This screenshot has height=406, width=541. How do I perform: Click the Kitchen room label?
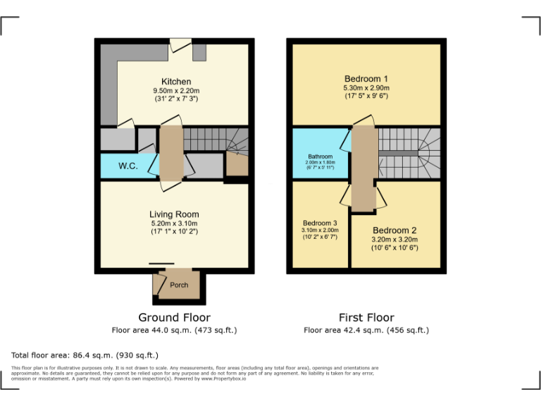(x=176, y=82)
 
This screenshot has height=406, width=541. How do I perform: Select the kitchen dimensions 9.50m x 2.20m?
(x=176, y=91)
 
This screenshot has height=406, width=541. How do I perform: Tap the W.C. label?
(x=128, y=166)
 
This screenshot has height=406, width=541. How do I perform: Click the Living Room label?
(x=174, y=214)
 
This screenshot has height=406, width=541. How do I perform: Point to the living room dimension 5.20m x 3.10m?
(x=174, y=223)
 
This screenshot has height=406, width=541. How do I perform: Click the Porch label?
(x=179, y=285)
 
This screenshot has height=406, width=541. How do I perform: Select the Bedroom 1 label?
(x=366, y=78)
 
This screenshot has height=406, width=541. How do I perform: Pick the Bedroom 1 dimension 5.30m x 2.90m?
(x=366, y=87)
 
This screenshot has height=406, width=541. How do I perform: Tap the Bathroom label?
(x=320, y=156)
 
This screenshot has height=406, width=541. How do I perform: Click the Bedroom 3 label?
(x=320, y=223)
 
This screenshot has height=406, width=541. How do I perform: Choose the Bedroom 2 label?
(x=394, y=230)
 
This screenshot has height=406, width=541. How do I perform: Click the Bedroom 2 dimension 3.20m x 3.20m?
(x=394, y=240)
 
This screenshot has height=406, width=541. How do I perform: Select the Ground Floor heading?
(x=174, y=318)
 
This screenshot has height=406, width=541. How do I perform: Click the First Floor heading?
(x=366, y=318)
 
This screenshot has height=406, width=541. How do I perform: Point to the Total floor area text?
(x=85, y=355)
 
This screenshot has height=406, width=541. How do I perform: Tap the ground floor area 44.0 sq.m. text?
(x=174, y=330)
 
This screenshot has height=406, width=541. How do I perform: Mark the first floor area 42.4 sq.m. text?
(x=366, y=330)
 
